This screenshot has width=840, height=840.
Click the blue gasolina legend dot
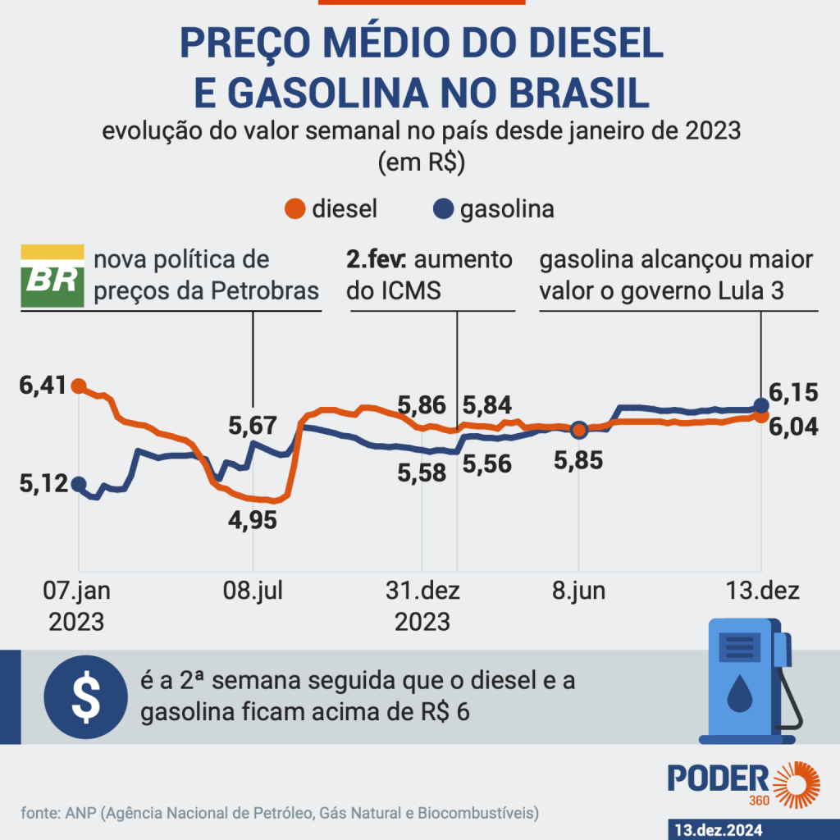(445, 209)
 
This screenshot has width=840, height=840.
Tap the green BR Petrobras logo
(52, 276)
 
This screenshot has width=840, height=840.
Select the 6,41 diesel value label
(41, 385)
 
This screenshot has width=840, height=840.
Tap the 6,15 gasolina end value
(795, 393)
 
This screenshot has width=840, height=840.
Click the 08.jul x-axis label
(253, 592)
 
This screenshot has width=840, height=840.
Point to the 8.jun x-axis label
(579, 592)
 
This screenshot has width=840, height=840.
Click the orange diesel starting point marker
(79, 385)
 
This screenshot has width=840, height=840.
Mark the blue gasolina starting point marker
(79, 484)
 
